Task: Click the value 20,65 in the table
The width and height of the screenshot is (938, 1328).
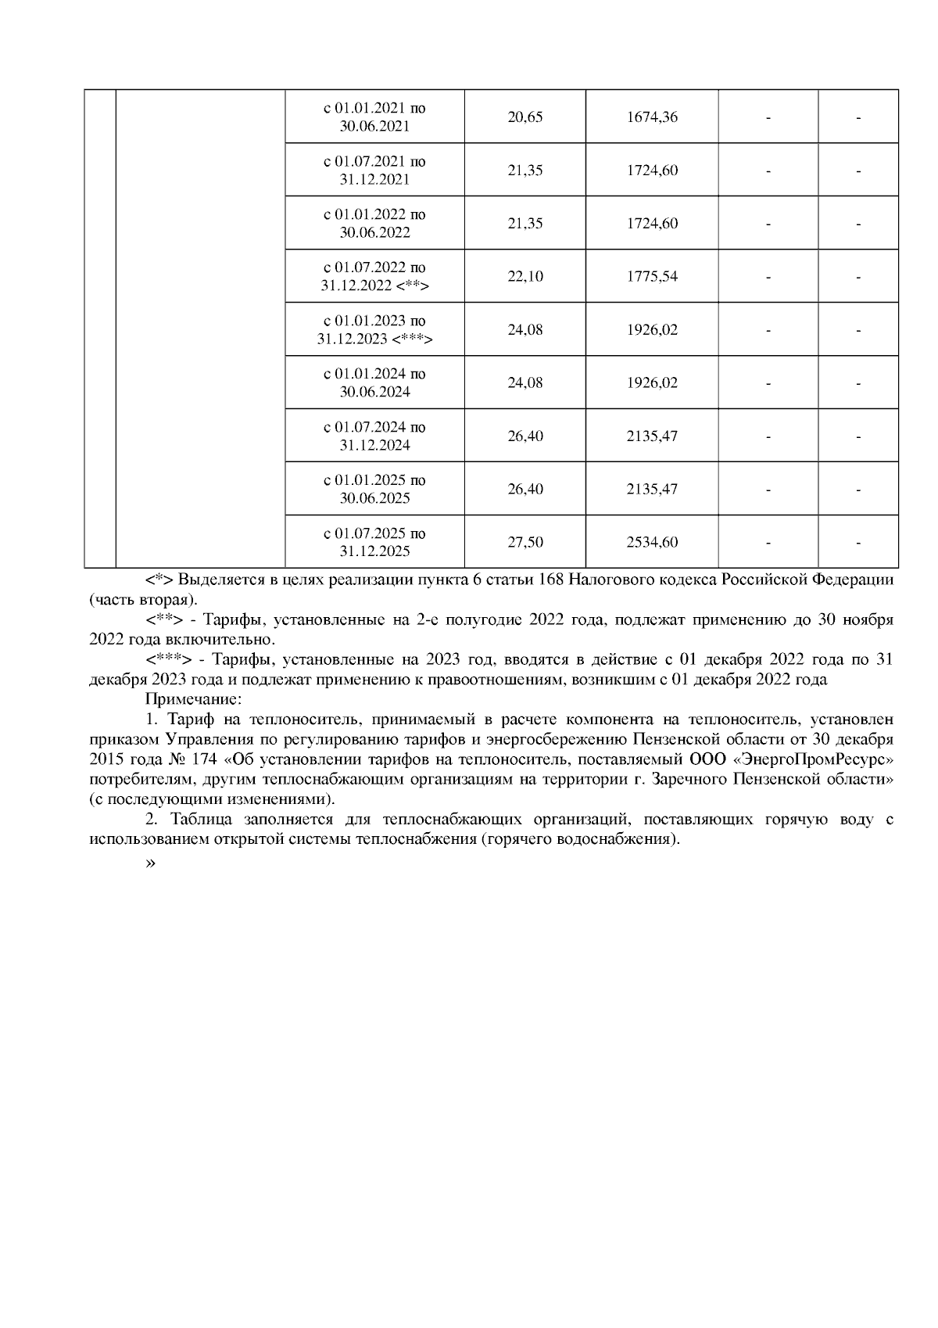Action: point(524,117)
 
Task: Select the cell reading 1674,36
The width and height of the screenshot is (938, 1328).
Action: point(652,117)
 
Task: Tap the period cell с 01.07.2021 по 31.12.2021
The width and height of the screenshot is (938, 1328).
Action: point(374,170)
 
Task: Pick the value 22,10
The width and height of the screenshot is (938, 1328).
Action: point(524,277)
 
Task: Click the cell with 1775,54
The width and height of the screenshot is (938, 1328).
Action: point(652,277)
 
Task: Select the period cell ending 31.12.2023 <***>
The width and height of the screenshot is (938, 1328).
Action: point(374,330)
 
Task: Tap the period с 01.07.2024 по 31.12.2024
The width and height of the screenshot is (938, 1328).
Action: point(374,436)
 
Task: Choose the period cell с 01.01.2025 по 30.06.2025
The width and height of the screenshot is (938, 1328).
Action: point(374,490)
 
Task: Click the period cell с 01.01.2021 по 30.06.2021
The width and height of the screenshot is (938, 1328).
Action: point(374,117)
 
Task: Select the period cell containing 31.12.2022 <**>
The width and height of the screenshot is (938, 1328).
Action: point(374,277)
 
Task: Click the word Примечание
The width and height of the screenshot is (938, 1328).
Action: point(193,698)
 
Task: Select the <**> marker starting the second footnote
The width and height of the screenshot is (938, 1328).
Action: point(164,620)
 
